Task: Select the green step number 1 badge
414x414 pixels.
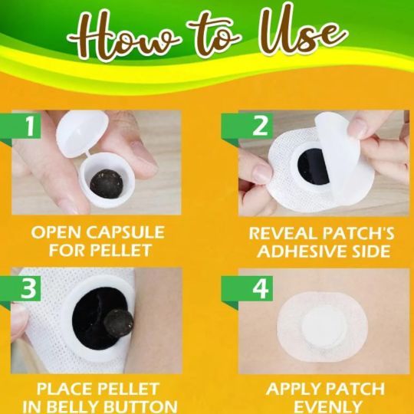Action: click(x=21, y=127)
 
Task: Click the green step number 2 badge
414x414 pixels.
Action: click(x=247, y=127)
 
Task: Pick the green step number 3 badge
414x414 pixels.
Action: click(x=21, y=288)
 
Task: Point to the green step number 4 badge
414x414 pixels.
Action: click(x=247, y=288)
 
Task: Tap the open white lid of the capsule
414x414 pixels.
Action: click(x=82, y=133)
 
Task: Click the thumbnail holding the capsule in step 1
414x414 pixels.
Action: click(x=143, y=158)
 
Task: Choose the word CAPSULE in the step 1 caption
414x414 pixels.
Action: click(x=126, y=232)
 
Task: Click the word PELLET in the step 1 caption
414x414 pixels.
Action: click(x=121, y=250)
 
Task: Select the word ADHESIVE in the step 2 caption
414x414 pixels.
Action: click(x=298, y=251)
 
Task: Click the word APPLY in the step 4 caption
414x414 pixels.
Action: click(x=293, y=389)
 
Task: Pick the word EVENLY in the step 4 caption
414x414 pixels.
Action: click(x=328, y=407)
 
